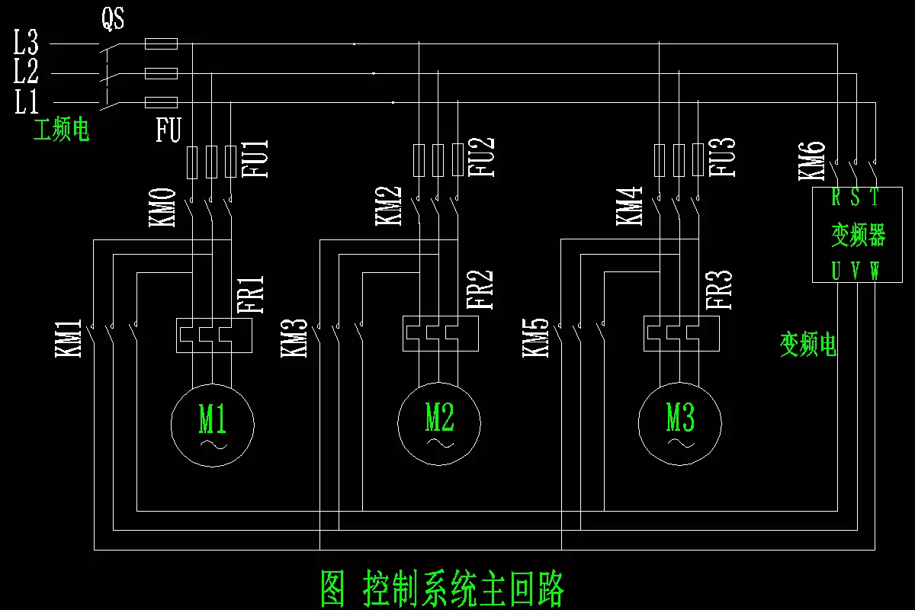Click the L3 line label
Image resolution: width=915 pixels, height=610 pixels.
26,43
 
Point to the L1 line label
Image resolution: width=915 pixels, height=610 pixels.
26,101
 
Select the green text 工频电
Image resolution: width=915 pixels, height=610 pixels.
61,130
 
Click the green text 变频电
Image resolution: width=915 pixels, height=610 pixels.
808,345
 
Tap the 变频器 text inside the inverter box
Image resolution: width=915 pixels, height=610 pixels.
858,235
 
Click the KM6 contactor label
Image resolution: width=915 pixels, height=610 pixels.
811,161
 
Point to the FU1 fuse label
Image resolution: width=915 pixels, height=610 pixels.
259,158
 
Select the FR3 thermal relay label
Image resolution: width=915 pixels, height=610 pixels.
718,290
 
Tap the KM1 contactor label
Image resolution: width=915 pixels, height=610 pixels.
68,338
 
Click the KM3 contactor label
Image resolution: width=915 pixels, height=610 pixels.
294,338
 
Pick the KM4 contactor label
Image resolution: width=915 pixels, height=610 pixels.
629,205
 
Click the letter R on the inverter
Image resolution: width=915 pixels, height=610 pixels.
836,198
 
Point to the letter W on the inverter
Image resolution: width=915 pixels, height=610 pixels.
875,271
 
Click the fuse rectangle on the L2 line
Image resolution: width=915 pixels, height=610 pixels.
161,73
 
